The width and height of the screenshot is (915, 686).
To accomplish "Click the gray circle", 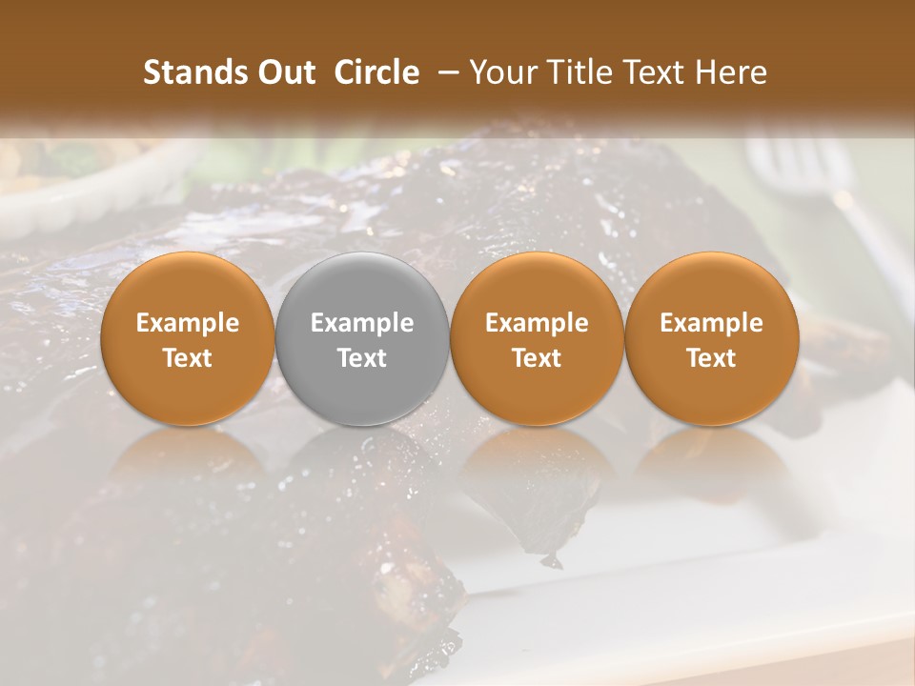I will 362,339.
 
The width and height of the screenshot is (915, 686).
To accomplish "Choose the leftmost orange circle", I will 188,339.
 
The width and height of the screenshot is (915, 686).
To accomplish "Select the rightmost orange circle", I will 711,339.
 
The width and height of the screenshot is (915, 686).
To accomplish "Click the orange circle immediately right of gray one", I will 537,339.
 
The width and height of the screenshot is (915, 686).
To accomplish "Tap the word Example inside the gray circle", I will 362,323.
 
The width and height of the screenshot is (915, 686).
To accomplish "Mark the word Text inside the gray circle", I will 362,358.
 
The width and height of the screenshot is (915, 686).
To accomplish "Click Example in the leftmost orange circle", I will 188,323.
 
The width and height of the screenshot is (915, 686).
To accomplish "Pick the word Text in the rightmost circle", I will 711,358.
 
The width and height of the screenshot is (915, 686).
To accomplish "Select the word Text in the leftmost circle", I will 188,358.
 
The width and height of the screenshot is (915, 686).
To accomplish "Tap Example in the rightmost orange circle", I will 711,323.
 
